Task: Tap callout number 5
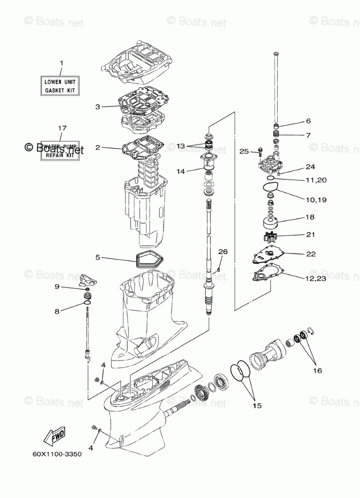click(x=98, y=257)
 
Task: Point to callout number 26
click(x=223, y=252)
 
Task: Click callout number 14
click(x=181, y=171)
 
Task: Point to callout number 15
click(x=257, y=405)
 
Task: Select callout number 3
click(x=98, y=107)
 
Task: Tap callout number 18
click(x=310, y=217)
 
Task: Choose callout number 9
click(x=57, y=286)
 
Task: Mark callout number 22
click(x=311, y=254)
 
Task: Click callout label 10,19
click(x=316, y=200)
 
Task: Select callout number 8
click(x=57, y=311)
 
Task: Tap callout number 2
click(x=98, y=148)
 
